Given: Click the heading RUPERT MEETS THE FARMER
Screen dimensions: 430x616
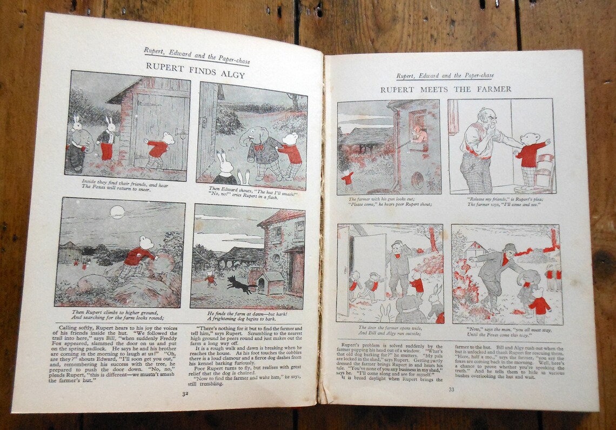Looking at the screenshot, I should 445,89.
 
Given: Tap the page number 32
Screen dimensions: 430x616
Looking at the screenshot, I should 185,393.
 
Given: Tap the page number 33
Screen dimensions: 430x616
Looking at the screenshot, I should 451,388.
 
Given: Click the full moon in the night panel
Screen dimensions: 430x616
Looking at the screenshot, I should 117,211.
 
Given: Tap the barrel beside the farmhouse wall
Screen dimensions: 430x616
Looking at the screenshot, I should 418,180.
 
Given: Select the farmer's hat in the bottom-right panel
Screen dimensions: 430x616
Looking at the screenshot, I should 509,248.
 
